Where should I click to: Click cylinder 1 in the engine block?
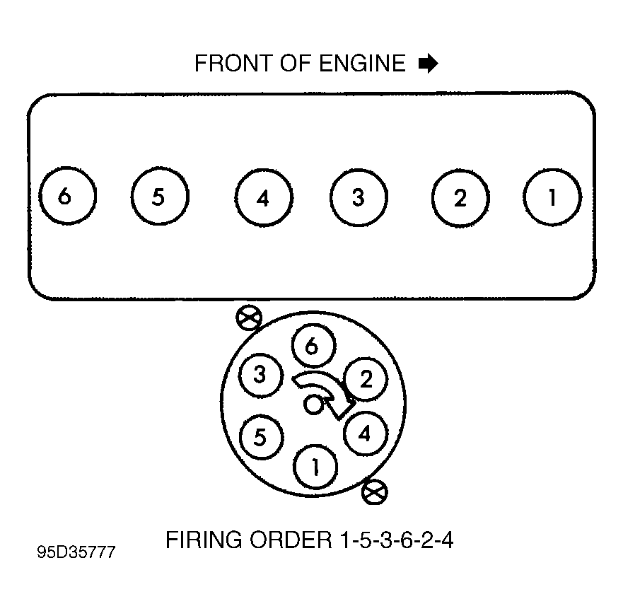pyautogui.click(x=552, y=197)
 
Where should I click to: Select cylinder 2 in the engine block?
pyautogui.click(x=460, y=198)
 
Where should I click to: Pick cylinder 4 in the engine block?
pyautogui.click(x=263, y=198)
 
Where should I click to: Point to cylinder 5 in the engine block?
pyautogui.click(x=159, y=197)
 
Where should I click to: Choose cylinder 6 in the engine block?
pyautogui.click(x=66, y=196)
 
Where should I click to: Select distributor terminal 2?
pyautogui.click(x=365, y=380)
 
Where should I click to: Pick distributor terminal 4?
pyautogui.click(x=364, y=433)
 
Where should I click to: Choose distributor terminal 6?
pyautogui.click(x=312, y=347)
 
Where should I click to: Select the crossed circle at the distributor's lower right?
pyautogui.click(x=373, y=491)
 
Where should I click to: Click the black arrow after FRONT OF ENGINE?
pyautogui.click(x=429, y=64)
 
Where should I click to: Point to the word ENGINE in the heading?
pyautogui.click(x=361, y=64)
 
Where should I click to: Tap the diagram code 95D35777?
pyautogui.click(x=76, y=552)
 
